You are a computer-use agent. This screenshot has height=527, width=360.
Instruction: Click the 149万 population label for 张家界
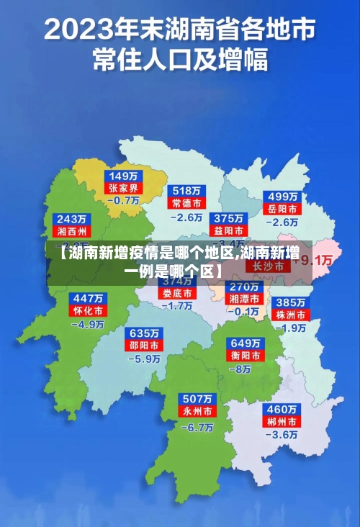tap(125, 176)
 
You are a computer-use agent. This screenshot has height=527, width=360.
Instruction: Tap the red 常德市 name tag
tap(187, 203)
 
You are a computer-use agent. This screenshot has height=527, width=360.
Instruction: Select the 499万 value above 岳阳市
tap(283, 196)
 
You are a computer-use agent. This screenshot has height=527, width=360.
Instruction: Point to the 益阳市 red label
tap(228, 230)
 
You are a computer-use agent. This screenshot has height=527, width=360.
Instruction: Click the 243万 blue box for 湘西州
tap(71, 219)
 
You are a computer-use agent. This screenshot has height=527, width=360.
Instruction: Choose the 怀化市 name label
tap(88, 310)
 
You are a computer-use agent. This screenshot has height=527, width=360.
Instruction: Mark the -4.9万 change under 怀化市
tap(88, 324)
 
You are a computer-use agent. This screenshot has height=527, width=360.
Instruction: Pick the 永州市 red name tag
tap(197, 413)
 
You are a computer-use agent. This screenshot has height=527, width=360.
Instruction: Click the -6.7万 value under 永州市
tap(197, 427)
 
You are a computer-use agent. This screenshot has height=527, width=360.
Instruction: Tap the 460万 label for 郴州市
tap(282, 408)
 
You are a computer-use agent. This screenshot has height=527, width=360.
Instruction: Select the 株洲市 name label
tap(292, 315)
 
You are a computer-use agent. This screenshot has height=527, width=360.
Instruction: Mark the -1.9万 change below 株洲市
tap(293, 328)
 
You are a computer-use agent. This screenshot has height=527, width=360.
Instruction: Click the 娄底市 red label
tap(176, 294)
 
